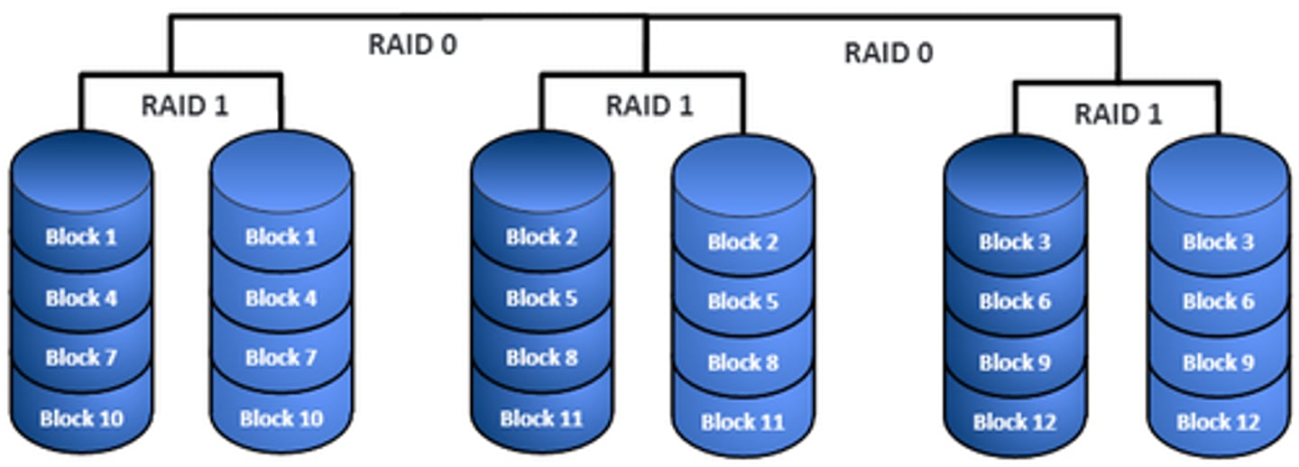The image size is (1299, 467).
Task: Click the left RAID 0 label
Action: point(412,44)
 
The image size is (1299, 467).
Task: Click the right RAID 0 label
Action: point(888,53)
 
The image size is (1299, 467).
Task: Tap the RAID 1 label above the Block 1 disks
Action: point(185,105)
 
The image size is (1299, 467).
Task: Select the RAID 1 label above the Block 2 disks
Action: point(649,105)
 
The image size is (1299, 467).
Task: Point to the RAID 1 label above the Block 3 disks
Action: point(1118,114)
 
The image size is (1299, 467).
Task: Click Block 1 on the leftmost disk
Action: point(81,237)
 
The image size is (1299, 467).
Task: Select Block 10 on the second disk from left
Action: point(281,418)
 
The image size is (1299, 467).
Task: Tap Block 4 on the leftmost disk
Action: point(81,298)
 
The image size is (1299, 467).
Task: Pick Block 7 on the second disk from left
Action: point(281,358)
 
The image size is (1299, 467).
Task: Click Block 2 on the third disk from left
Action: point(541,237)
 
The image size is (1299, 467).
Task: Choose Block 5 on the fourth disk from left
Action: point(742,301)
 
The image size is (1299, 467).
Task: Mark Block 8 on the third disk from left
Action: point(541,358)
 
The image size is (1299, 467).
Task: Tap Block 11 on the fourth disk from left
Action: point(742,422)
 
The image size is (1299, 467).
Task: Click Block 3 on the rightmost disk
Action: point(1218,242)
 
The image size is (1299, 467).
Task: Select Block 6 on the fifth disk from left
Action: point(1015,301)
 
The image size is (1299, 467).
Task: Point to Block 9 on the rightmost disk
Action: point(1218,362)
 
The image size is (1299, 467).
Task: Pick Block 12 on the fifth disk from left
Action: point(1015,422)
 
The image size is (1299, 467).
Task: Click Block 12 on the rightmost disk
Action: point(1218,422)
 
